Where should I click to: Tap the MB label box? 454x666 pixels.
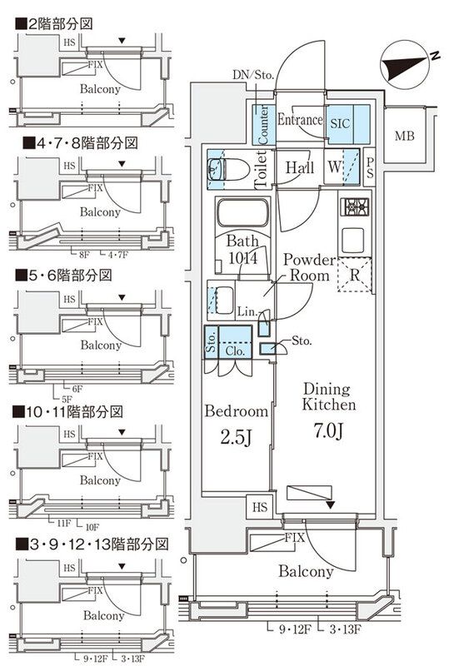(x=404, y=136)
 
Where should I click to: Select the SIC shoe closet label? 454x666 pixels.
(x=340, y=122)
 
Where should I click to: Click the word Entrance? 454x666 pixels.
(x=299, y=121)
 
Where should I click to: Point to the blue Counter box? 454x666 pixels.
(x=262, y=123)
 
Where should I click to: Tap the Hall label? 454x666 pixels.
(x=299, y=167)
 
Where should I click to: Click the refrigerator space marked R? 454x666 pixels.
(x=355, y=274)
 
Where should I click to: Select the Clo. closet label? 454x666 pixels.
(x=236, y=350)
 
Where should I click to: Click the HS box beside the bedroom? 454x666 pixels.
(x=261, y=506)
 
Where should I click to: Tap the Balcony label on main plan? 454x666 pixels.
(x=306, y=571)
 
